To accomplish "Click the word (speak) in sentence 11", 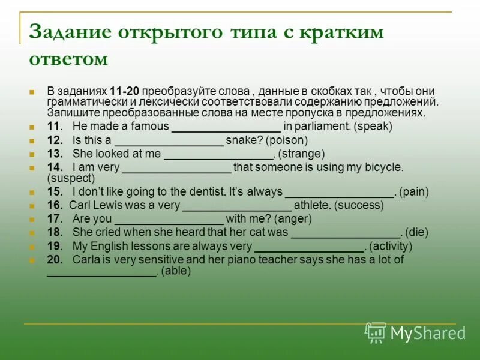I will coord(373,127).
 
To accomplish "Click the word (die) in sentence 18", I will coord(417,232).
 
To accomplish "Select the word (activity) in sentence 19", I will coord(391,246).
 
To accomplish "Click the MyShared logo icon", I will coord(376,332).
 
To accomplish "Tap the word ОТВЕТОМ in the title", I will coord(68,59).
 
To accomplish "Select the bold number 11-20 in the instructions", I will coord(125,91).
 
